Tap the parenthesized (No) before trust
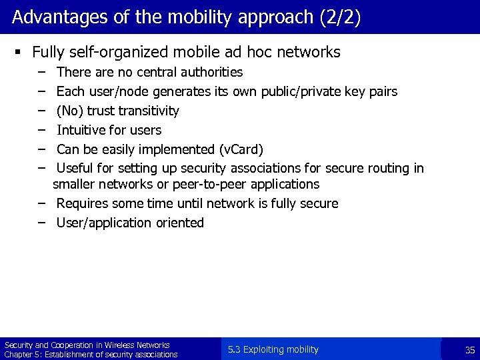tap(69, 111)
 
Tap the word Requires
tap(83, 203)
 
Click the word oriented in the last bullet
tap(179, 223)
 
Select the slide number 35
tap(469, 350)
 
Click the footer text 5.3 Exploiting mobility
tap(273, 349)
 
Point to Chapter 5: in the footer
tap(21, 355)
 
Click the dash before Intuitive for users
tap(41, 129)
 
